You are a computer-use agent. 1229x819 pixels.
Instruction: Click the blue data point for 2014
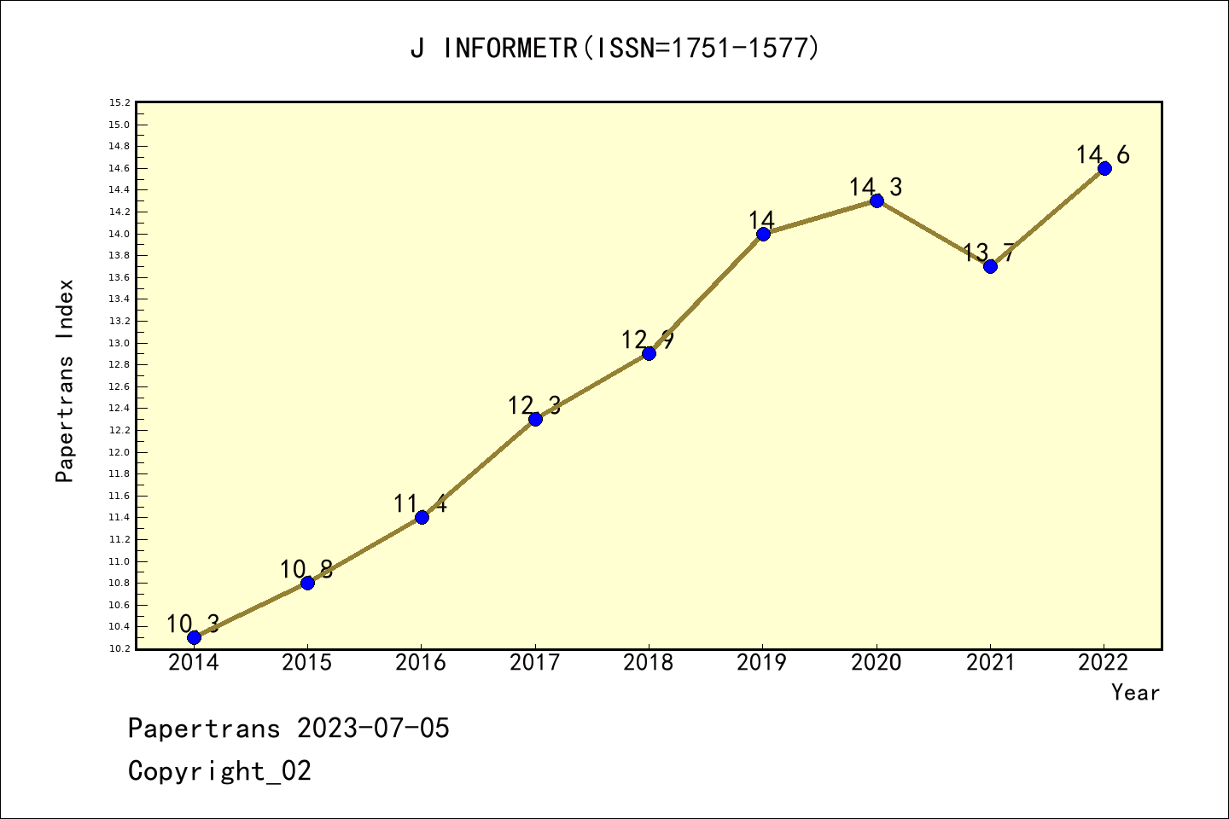coord(194,637)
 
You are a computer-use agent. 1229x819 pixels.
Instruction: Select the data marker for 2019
coord(763,234)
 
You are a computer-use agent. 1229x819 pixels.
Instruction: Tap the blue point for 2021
coord(990,266)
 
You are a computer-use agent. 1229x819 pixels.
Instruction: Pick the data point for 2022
coord(1104,168)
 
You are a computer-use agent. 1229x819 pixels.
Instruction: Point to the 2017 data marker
coord(535,419)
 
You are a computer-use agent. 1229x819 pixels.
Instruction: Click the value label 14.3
coord(876,187)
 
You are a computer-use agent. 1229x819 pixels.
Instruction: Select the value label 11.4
coord(420,503)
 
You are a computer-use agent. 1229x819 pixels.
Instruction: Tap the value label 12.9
coord(648,340)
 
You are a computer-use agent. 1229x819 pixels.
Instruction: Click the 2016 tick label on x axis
coord(421,663)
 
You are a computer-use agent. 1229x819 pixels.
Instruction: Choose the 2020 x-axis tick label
coord(877,663)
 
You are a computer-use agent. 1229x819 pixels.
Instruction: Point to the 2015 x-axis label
coord(307,663)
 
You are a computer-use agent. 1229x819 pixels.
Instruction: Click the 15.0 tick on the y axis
coord(119,125)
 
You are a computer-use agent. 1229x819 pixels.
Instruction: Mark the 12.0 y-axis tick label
coord(119,452)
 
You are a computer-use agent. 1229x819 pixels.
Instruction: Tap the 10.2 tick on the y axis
coord(119,648)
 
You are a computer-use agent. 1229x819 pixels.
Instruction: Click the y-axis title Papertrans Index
coord(65,380)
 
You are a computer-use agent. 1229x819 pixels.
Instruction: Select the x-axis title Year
coord(1135,693)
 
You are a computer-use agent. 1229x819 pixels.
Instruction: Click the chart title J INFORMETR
coord(614,48)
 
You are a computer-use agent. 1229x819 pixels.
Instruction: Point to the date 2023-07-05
coord(373,729)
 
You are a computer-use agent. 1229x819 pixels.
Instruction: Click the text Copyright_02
coord(219,771)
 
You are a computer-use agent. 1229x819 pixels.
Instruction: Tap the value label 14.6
coord(1103,154)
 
